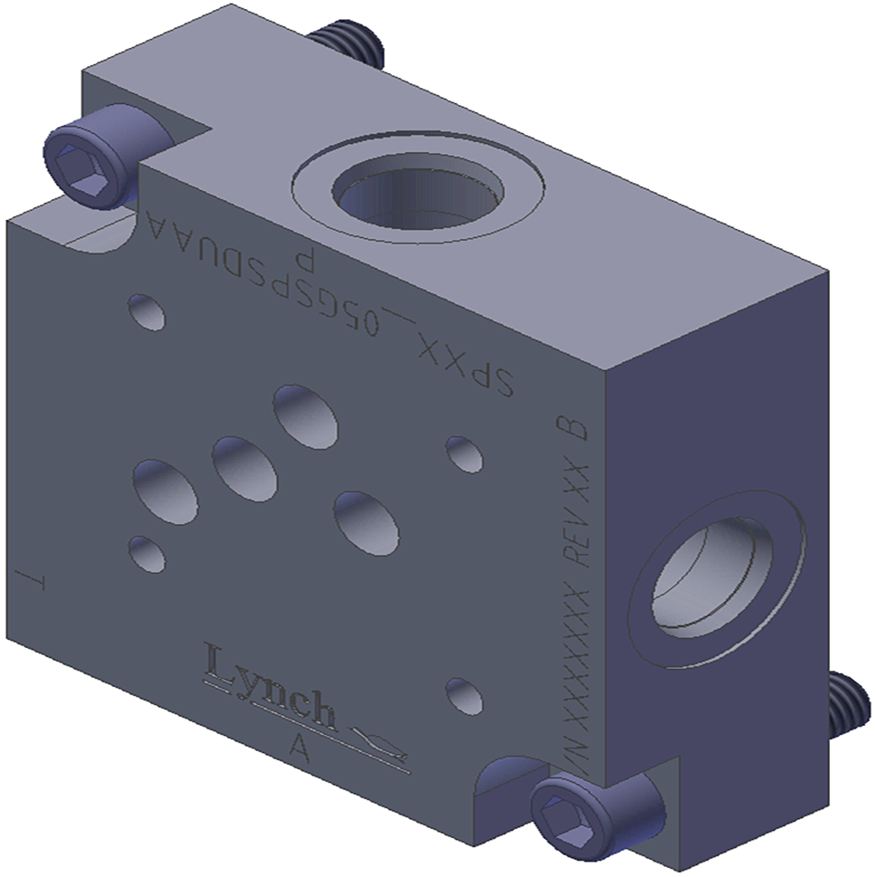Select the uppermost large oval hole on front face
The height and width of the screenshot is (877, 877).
(x=306, y=415)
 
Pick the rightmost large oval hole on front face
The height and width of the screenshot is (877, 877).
(x=366, y=522)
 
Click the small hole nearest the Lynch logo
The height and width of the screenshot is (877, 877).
(x=463, y=694)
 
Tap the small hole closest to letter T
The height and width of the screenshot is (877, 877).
(x=147, y=553)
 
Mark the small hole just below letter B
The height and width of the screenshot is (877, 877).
(x=465, y=453)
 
